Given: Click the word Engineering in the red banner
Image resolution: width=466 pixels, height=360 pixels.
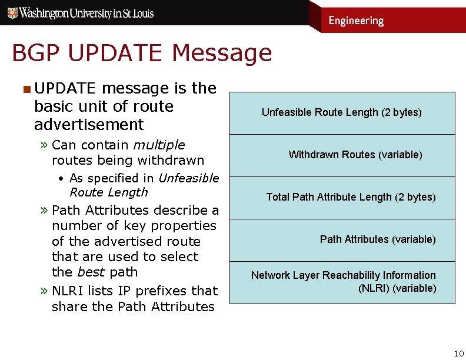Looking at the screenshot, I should coord(355,21).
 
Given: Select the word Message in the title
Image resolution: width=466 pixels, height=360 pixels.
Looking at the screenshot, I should coord(222,54).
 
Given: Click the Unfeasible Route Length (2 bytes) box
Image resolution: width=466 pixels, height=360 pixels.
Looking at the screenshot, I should coord(342,113).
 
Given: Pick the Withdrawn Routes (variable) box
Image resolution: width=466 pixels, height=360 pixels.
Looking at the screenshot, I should coord(342,155).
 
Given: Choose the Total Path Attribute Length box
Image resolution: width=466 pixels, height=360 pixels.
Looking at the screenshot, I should coord(342,198).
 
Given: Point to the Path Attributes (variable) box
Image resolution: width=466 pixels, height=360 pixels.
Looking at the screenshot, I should coord(342,240).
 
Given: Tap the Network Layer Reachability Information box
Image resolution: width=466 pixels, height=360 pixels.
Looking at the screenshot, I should coord(342,282).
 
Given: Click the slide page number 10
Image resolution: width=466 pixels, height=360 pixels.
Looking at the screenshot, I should coord(458,353).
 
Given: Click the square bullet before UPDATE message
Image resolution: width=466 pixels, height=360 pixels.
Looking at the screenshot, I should coord(26,89).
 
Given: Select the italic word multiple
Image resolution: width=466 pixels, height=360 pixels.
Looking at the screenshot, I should coord(159,145).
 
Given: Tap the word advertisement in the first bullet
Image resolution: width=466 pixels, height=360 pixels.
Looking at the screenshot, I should coord(89,125).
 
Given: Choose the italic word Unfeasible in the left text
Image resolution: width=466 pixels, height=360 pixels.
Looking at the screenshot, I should coord(188,178).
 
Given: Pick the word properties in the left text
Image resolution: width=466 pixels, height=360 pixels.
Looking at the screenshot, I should coord(184,226).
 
